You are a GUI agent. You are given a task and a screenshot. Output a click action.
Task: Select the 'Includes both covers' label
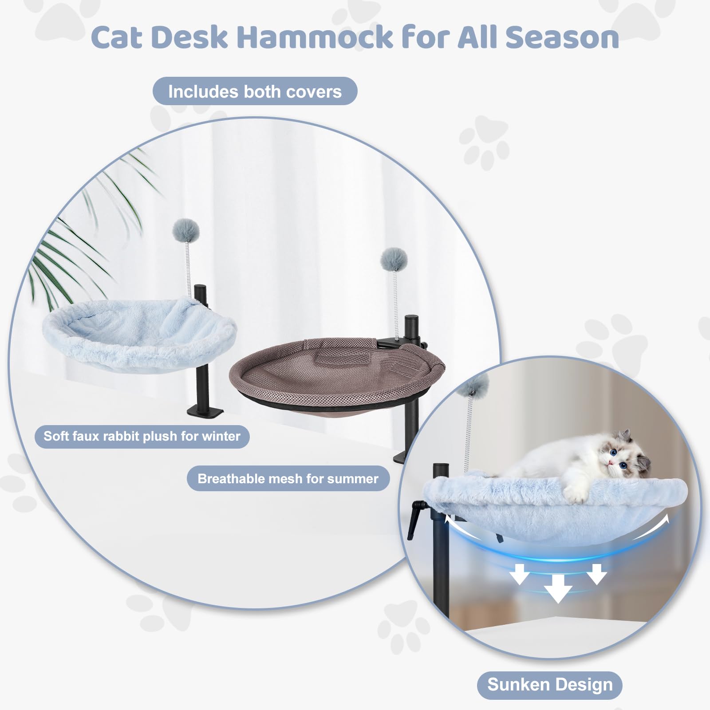click(255, 91)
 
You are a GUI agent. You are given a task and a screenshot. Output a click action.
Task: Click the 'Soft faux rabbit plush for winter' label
click(142, 436)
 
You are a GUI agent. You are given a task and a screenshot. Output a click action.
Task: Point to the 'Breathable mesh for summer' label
click(288, 479)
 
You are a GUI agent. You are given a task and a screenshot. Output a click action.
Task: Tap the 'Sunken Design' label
click(550, 684)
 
